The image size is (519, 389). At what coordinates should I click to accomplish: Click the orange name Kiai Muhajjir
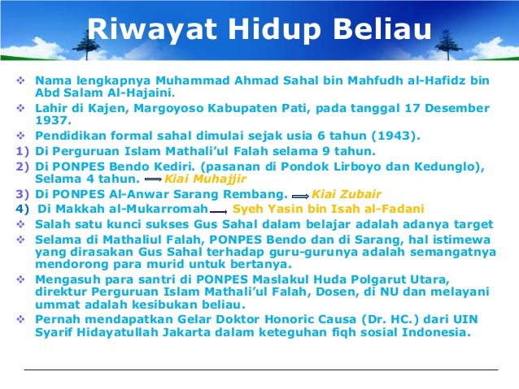point(204,179)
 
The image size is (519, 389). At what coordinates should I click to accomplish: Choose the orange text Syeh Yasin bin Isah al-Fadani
point(329,209)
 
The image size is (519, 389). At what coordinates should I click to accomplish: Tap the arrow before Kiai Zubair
point(299,195)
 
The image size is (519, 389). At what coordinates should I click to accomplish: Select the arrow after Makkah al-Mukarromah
point(218,210)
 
